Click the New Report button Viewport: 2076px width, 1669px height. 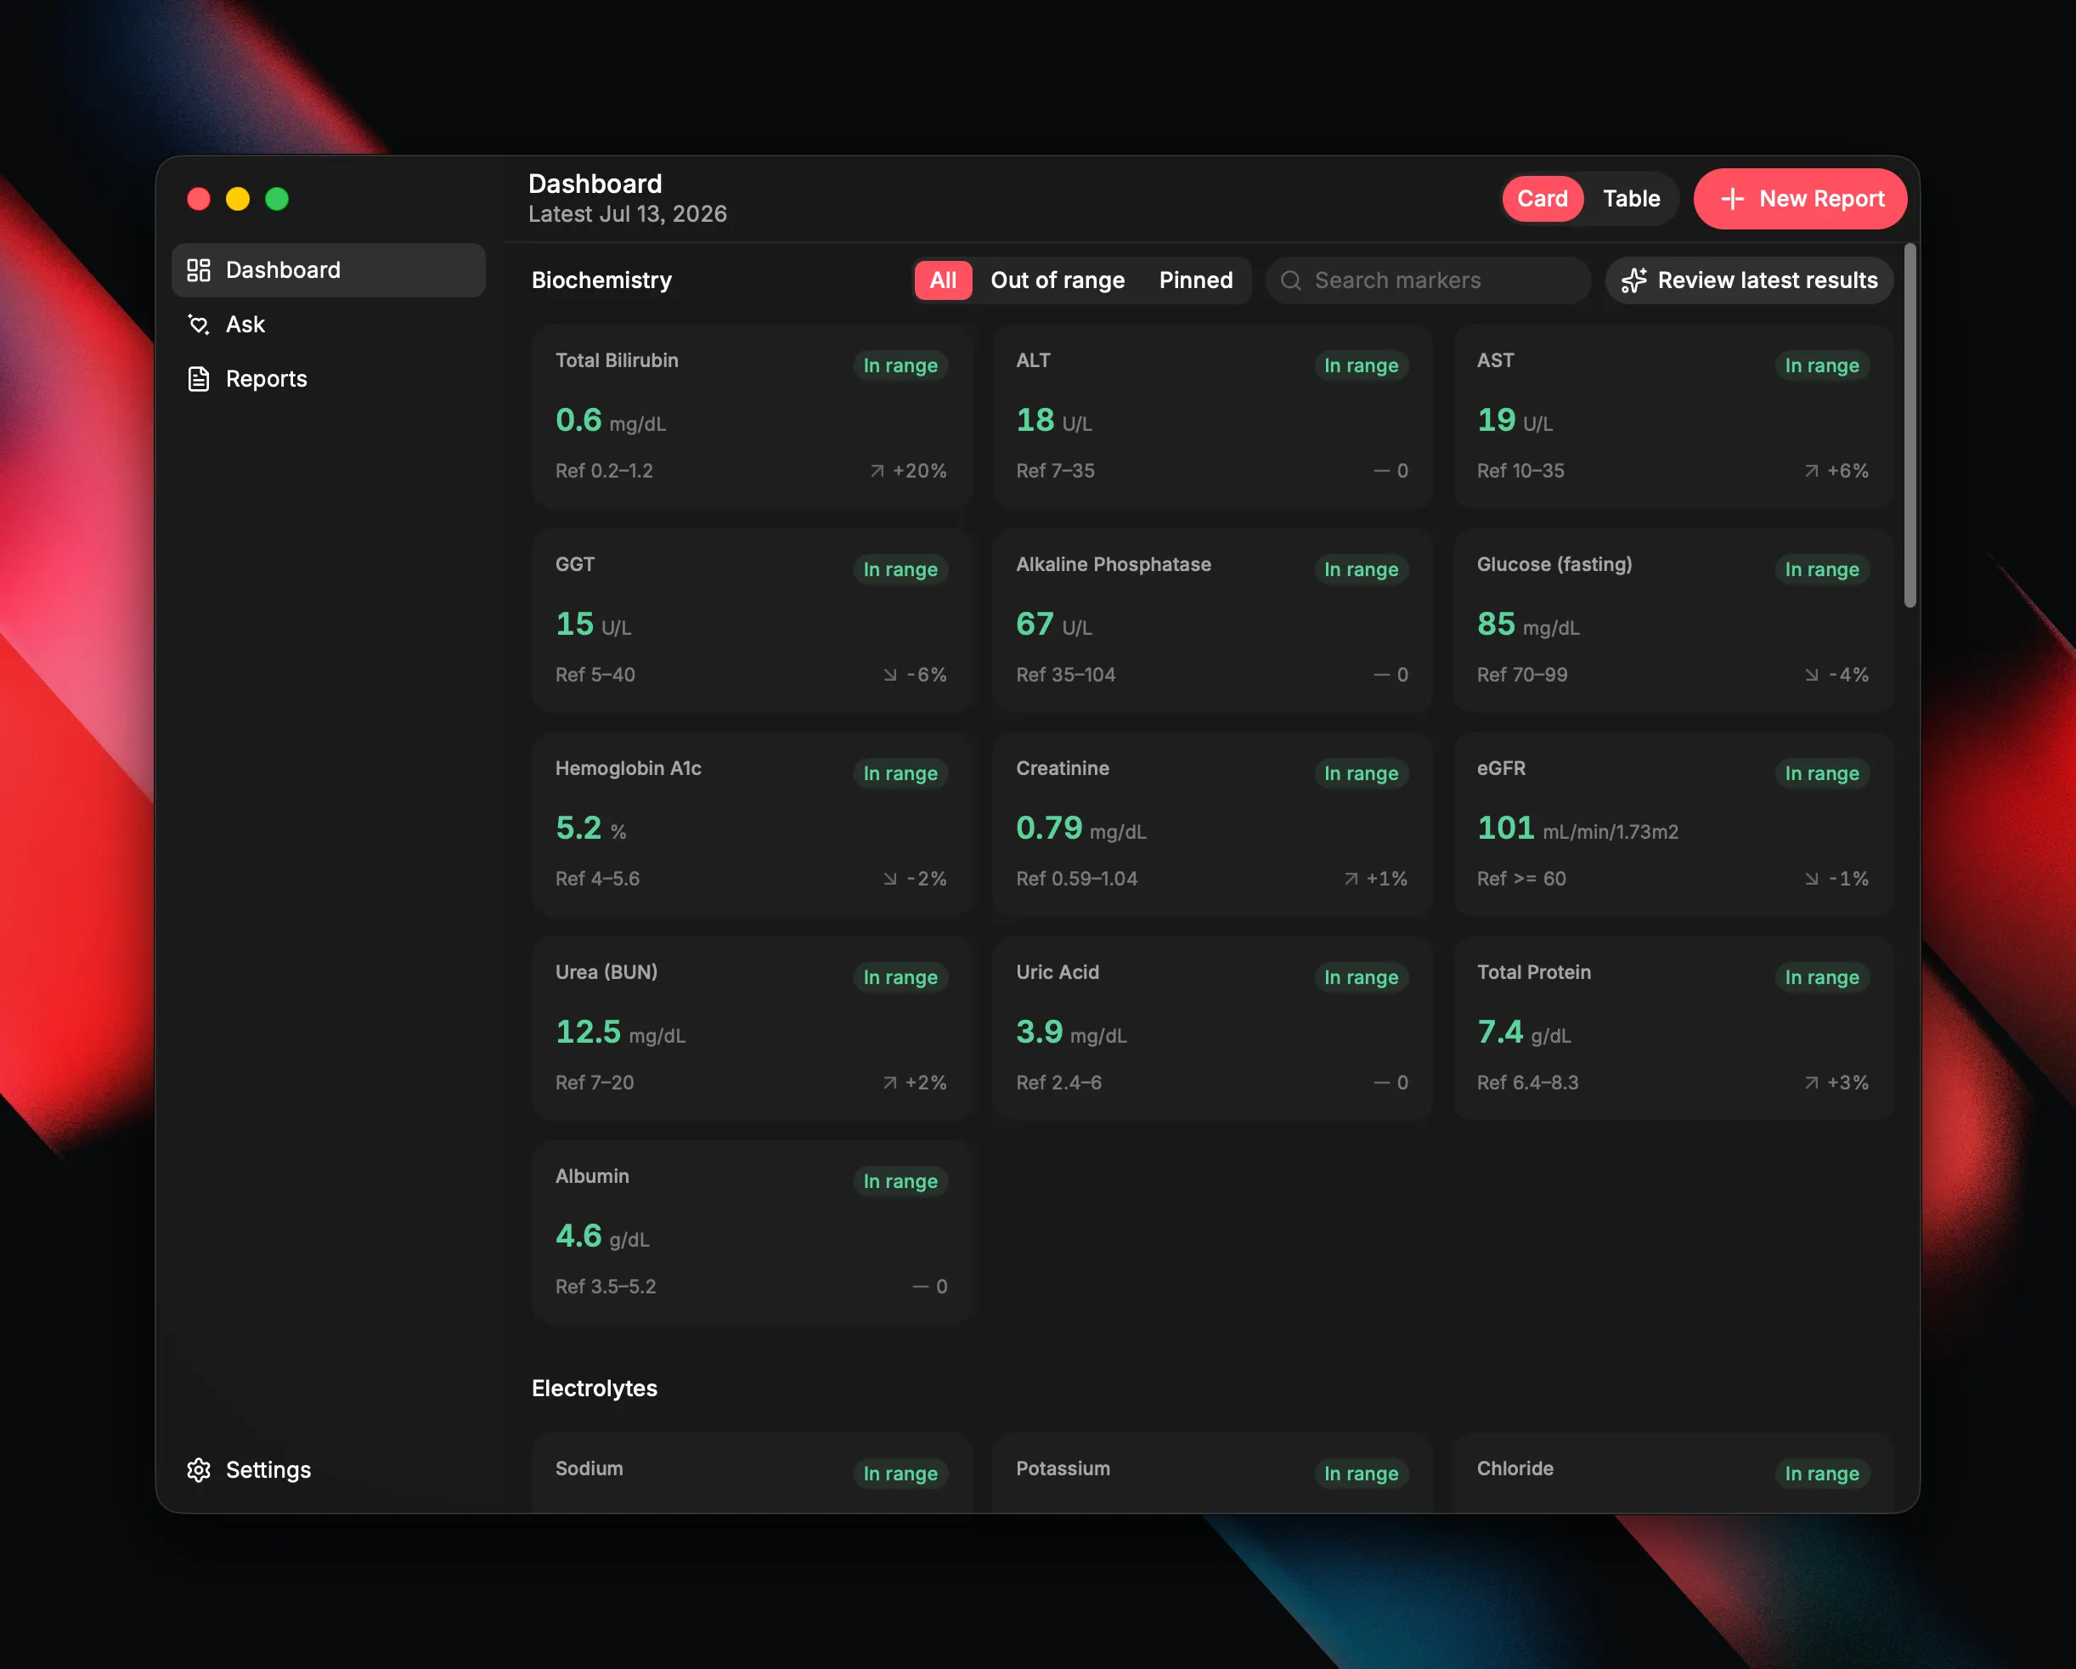tap(1800, 198)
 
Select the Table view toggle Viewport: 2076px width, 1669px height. tap(1631, 198)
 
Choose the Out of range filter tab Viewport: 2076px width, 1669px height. tap(1058, 280)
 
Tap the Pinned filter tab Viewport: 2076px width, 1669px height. tap(1195, 280)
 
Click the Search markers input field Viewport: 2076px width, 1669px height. tap(1428, 280)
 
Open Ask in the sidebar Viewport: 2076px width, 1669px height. tap(245, 325)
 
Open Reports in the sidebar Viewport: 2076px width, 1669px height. tap(266, 378)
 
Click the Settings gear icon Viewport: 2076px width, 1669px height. tap(199, 1469)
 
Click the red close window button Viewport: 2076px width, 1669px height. tap(199, 198)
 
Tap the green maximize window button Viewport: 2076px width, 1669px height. tap(277, 198)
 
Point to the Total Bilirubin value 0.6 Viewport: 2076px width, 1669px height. tap(578, 420)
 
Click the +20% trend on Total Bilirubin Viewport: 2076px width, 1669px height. tap(908, 471)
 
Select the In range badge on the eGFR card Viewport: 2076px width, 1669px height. tap(1822, 773)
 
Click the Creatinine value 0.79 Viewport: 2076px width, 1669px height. tap(1048, 828)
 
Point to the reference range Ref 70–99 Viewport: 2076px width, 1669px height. tap(1522, 674)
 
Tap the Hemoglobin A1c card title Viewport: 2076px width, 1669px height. tap(628, 768)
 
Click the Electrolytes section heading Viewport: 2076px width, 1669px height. tap(594, 1388)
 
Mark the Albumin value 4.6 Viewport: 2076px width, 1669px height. tap(578, 1236)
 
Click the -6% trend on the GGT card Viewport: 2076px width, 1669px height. tap(915, 674)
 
